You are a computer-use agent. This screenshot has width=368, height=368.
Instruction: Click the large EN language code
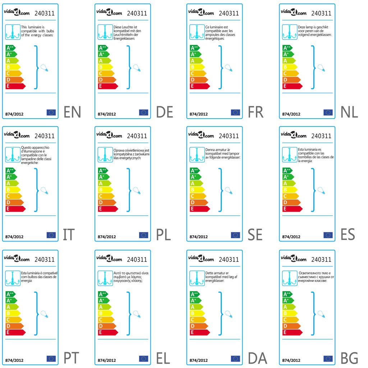click(x=72, y=112)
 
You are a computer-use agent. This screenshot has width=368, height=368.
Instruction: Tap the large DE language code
click(x=165, y=112)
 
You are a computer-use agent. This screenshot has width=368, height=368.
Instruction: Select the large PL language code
click(x=164, y=235)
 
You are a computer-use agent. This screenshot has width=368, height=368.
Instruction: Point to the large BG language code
click(x=349, y=358)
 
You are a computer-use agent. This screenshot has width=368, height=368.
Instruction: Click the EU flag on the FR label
click(x=235, y=112)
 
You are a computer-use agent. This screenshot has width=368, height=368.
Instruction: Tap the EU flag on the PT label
click(x=51, y=358)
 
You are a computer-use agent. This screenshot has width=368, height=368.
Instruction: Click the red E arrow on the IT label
click(x=15, y=209)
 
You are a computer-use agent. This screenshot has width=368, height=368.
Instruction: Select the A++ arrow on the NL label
click(x=287, y=48)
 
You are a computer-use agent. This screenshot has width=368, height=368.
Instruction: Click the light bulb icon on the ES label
click(x=320, y=190)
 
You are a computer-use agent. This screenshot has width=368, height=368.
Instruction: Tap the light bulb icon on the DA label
click(x=228, y=314)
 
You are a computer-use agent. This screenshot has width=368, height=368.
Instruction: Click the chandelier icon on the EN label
click(x=12, y=32)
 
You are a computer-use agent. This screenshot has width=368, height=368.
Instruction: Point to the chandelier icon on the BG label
click(x=289, y=278)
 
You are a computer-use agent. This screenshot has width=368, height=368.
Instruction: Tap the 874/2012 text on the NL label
click(x=291, y=114)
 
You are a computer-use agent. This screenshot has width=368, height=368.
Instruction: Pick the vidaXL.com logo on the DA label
click(x=201, y=258)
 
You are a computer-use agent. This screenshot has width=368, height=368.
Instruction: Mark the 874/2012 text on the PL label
click(x=107, y=237)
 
